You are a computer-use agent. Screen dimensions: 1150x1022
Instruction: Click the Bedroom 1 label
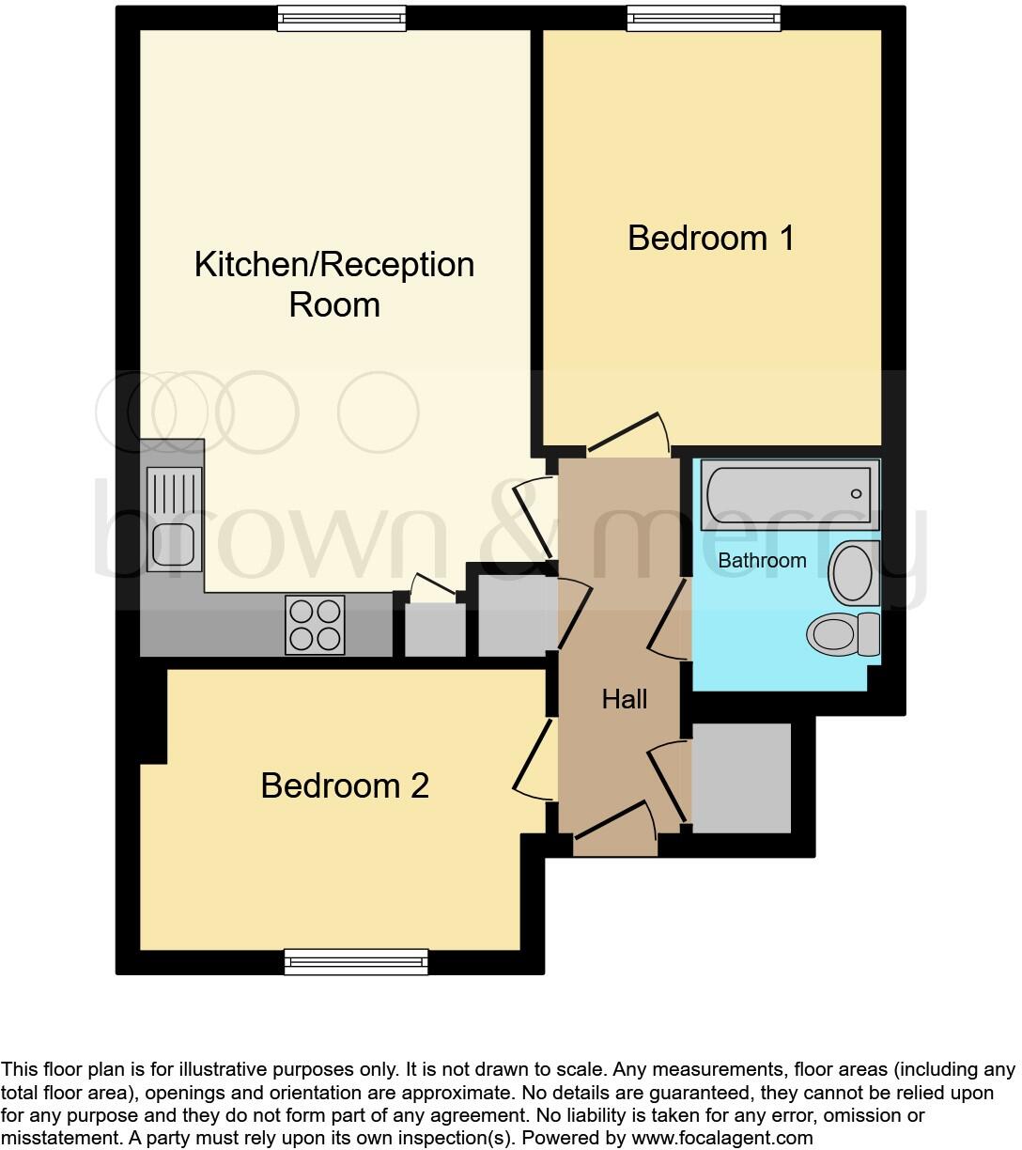point(711,238)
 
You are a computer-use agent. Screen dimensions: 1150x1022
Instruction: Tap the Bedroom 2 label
point(345,785)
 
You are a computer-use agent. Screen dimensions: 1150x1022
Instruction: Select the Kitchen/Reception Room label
point(334,284)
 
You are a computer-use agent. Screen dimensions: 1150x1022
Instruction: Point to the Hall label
point(625,699)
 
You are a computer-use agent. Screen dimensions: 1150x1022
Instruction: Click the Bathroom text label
point(762,561)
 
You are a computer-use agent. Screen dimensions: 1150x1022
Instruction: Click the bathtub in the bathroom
point(787,494)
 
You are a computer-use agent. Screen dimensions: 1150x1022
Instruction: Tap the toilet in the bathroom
point(842,634)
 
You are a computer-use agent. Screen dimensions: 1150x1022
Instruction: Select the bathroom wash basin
point(853,572)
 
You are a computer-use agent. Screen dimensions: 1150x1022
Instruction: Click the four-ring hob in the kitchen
point(315,625)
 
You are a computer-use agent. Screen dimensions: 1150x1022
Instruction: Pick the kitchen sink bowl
point(173,545)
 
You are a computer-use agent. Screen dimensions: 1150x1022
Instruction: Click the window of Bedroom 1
point(704,18)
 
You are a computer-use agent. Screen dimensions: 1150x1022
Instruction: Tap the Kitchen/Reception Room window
point(342,18)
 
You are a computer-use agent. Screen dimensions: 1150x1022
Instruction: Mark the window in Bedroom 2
point(356,961)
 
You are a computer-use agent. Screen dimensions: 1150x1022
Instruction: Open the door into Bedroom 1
point(627,433)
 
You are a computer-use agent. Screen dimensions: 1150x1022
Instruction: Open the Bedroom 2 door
point(533,759)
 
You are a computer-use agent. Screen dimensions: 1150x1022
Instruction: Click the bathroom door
point(668,620)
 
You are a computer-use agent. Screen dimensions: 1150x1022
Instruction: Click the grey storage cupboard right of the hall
point(741,778)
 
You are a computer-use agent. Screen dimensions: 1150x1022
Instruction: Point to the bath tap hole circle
point(856,494)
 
